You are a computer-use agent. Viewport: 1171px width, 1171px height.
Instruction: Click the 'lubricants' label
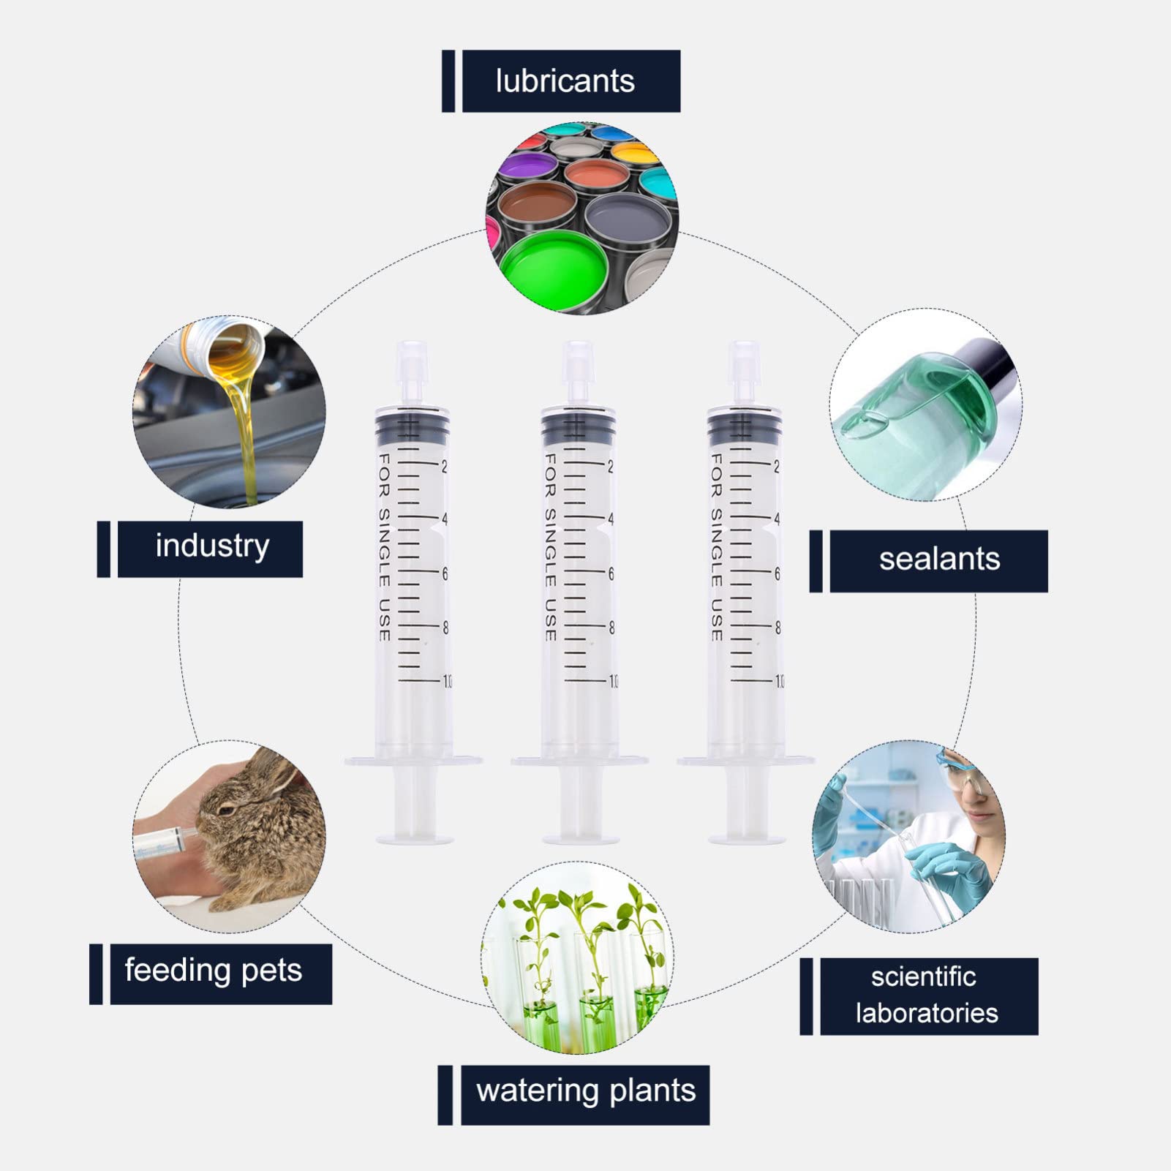tap(565, 80)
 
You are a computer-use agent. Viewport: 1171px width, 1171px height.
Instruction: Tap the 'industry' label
tap(212, 546)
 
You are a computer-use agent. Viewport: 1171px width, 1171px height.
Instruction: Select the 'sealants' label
tap(939, 560)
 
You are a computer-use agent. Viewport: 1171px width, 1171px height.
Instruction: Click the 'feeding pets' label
tap(213, 971)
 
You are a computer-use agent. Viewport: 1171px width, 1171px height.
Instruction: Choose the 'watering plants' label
tap(586, 1091)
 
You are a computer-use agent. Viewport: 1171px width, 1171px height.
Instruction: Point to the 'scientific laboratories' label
tap(927, 995)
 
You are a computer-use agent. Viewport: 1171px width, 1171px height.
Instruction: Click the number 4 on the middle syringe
tap(610, 519)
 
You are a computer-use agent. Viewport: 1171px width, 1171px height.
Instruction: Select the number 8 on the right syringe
tap(777, 628)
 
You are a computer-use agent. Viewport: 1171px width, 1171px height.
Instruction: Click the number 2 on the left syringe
tap(444, 466)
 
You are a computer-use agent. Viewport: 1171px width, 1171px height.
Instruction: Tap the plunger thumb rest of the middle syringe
tap(579, 837)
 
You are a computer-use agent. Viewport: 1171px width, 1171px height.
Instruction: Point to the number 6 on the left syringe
tap(444, 574)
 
